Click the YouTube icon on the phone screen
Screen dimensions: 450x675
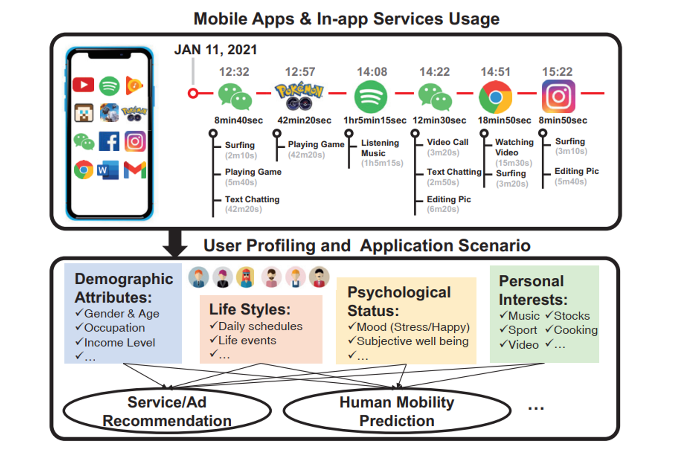83,85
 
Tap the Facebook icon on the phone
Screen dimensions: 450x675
109,141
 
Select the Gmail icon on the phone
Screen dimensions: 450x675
135,170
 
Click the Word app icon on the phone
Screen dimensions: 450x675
108,170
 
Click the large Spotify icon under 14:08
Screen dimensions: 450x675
371,97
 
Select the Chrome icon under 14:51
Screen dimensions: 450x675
495,97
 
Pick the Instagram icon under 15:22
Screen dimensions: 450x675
558,97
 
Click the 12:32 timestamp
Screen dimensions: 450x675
234,72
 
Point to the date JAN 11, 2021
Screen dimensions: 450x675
216,50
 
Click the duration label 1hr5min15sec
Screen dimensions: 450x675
375,120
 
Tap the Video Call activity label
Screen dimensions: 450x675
447,142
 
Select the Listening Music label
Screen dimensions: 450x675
380,148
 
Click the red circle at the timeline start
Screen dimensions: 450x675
193,93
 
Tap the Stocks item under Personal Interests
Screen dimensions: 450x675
571,316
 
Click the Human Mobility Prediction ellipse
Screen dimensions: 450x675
397,411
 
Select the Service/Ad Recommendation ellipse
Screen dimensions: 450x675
167,411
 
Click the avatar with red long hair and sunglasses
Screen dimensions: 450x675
246,277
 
